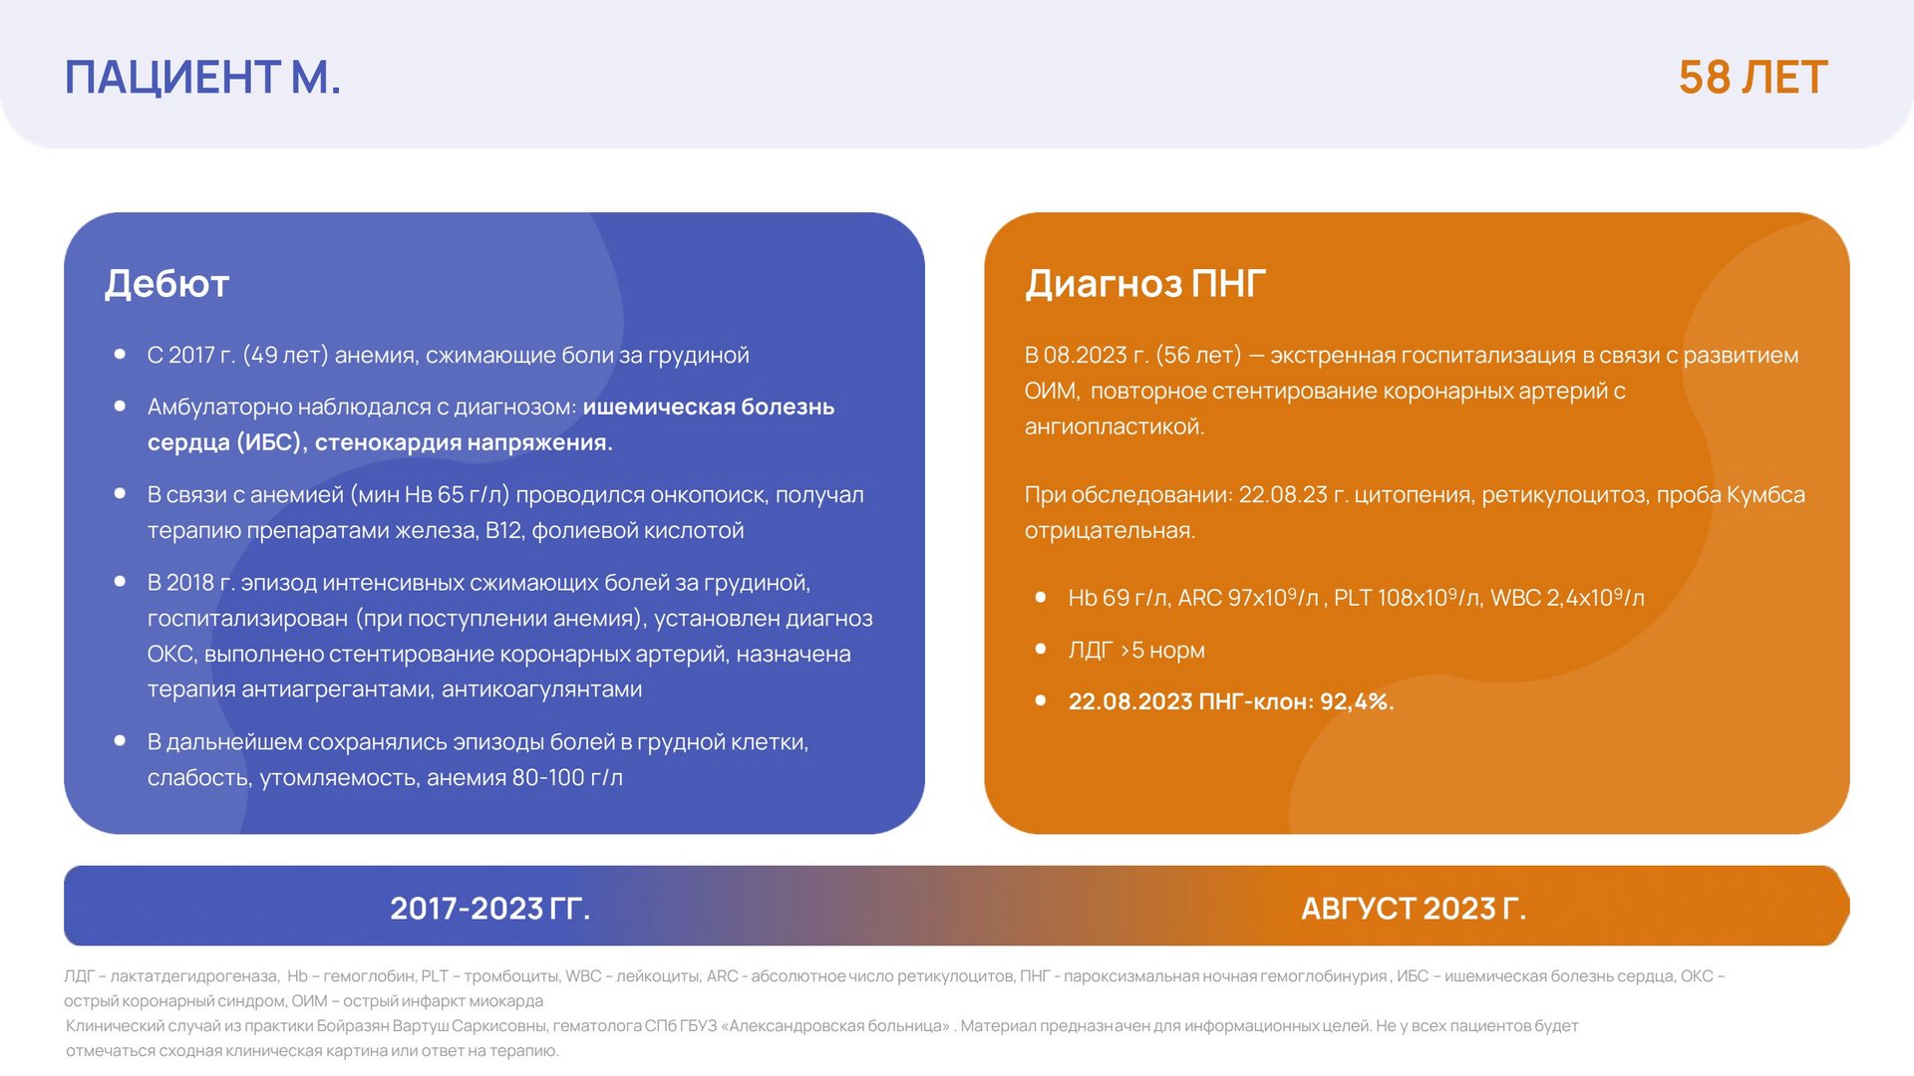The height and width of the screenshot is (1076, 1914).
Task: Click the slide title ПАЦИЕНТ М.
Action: point(203,77)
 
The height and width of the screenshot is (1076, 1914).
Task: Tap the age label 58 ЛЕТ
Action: point(1753,77)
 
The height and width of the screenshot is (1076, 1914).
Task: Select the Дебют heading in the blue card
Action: point(167,284)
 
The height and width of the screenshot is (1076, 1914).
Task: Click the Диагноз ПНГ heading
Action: point(1145,284)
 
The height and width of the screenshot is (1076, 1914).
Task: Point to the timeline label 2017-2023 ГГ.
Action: point(490,908)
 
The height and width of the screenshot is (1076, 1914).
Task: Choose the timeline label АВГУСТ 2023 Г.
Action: point(1414,908)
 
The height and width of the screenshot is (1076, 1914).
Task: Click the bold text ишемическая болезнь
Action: point(709,406)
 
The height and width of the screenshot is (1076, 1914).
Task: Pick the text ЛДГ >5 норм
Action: point(1136,650)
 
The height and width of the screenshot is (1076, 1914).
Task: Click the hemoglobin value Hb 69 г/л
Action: point(1118,598)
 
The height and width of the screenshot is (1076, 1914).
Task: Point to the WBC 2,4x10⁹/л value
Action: point(1567,598)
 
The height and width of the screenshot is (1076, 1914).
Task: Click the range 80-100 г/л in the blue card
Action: point(567,777)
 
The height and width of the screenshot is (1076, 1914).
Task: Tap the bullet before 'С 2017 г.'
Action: point(120,354)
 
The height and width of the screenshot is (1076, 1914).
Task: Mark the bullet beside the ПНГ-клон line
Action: point(1041,700)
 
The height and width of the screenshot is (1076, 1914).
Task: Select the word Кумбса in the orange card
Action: point(1765,495)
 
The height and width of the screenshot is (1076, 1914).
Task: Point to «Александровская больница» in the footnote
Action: point(837,1026)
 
